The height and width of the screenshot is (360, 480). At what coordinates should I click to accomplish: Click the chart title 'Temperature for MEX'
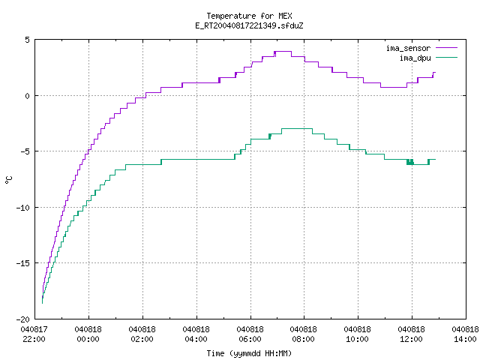[x=249, y=16]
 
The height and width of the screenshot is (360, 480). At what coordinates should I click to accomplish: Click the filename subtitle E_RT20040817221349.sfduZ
[x=249, y=25]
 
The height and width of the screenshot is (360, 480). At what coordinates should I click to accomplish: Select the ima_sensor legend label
[x=408, y=48]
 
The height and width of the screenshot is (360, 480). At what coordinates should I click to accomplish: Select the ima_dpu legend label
[x=415, y=58]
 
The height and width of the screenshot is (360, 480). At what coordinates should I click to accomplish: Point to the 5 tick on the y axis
[x=27, y=40]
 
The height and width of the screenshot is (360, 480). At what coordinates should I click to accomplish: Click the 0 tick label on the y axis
[x=27, y=96]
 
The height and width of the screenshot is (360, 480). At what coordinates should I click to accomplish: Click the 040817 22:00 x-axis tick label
[x=34, y=334]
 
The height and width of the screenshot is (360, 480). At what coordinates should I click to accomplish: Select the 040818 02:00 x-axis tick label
[x=142, y=334]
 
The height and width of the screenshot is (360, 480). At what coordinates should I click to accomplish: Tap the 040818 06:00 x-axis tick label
[x=250, y=334]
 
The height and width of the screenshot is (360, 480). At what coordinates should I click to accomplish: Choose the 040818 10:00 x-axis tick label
[x=357, y=334]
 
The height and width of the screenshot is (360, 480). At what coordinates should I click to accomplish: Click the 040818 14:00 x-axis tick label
[x=465, y=334]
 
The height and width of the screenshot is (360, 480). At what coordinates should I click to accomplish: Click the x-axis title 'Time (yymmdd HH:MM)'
[x=249, y=353]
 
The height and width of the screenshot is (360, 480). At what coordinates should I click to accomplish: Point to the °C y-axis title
[x=8, y=180]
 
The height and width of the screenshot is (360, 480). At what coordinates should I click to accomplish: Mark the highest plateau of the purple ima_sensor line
[x=283, y=52]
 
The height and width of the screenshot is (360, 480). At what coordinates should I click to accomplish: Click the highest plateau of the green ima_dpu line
[x=297, y=128]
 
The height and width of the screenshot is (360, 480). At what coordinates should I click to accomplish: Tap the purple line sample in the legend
[x=446, y=48]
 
